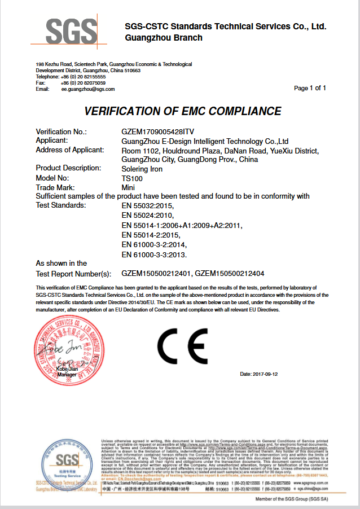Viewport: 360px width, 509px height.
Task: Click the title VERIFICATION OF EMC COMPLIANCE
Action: tap(182, 111)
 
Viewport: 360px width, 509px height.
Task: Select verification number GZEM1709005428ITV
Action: tap(153, 131)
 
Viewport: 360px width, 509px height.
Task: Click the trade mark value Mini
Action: tap(128, 187)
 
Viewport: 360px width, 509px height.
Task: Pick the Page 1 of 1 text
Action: tap(310, 88)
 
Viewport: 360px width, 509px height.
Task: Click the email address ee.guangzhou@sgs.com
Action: tap(88, 89)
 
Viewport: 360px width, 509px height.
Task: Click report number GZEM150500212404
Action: tap(230, 274)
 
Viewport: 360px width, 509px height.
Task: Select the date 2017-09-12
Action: tap(259, 374)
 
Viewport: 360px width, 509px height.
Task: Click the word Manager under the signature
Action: tap(67, 375)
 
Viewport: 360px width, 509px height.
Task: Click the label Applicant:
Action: tap(52, 140)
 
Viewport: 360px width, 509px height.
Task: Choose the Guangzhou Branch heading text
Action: tap(164, 38)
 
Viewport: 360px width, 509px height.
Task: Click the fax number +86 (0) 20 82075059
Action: tap(83, 83)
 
